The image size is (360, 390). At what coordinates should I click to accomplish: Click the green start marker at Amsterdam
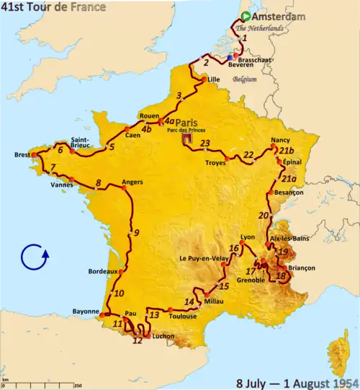[x=246, y=17]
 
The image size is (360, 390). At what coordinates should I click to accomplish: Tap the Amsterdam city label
[x=280, y=17]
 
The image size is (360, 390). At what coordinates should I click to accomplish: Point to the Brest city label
[x=23, y=154]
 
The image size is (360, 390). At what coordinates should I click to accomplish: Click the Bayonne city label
[x=85, y=311]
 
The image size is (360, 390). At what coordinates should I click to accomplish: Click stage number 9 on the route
[x=135, y=232]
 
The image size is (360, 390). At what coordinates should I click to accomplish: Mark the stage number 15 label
[x=224, y=286]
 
